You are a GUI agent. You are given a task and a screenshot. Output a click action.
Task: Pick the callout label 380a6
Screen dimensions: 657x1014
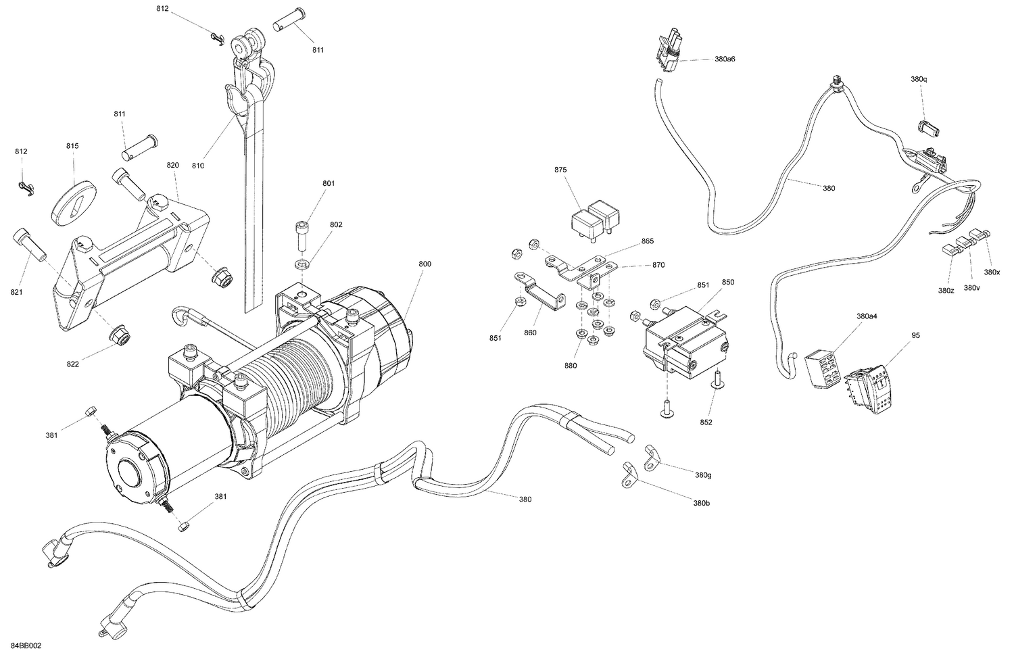coord(724,59)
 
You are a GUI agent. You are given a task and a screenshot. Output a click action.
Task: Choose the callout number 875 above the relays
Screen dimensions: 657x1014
coord(560,170)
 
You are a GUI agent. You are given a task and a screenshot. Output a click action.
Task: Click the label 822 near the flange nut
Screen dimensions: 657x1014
coord(72,364)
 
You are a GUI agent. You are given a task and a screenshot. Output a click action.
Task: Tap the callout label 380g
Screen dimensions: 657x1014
coord(703,475)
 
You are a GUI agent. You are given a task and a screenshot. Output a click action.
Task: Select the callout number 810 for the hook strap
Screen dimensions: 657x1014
coord(197,166)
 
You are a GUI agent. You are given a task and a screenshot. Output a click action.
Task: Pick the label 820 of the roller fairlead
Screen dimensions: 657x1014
coord(173,165)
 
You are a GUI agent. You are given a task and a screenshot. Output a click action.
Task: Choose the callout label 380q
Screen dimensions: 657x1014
coord(919,79)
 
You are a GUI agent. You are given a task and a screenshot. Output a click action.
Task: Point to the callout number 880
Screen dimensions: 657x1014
coord(571,366)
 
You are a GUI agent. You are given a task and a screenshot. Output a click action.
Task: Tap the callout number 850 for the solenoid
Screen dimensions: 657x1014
coord(727,282)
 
